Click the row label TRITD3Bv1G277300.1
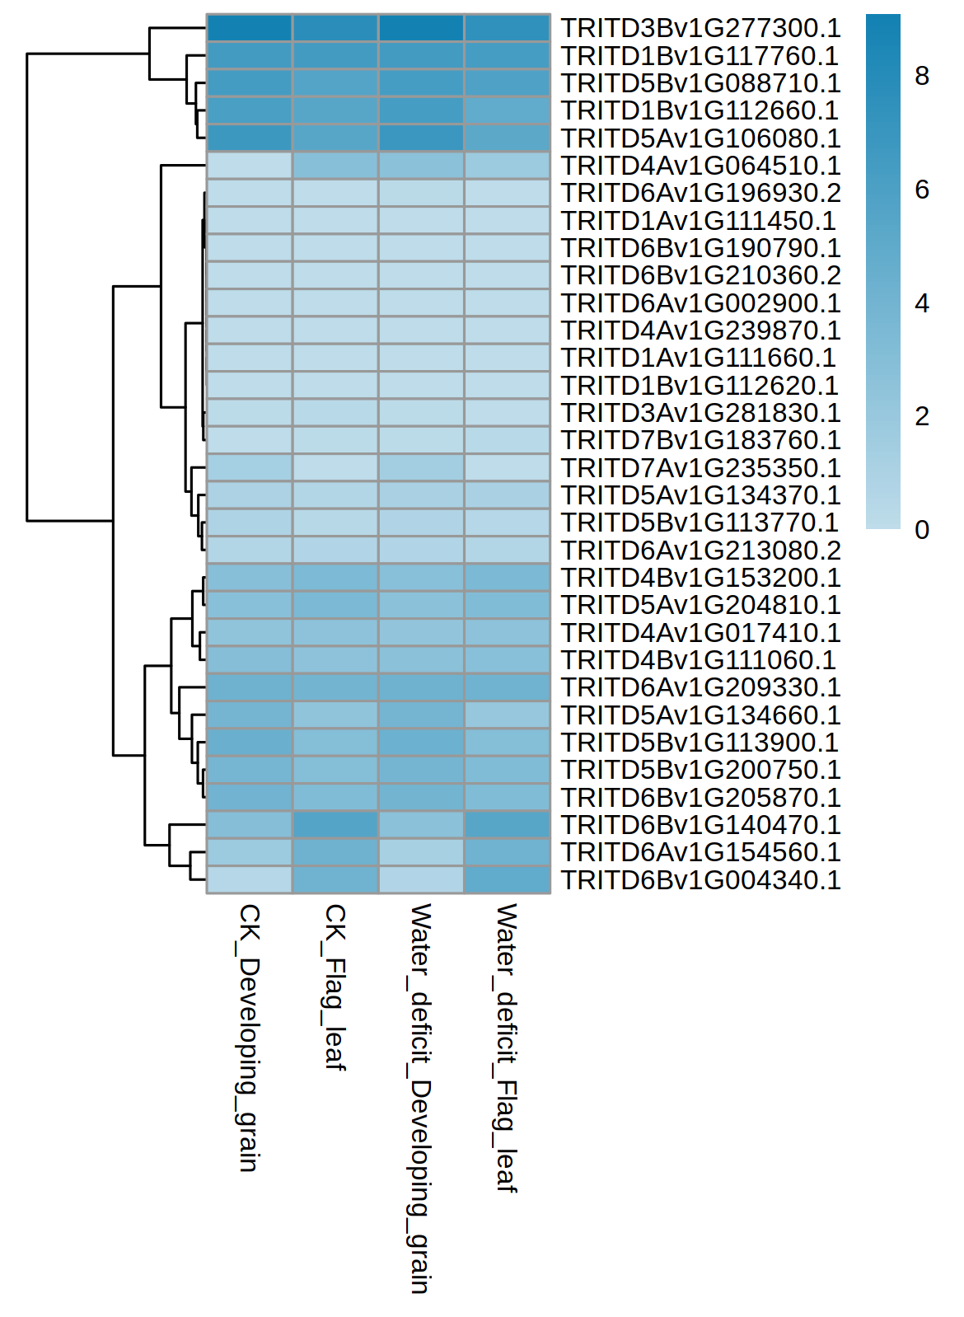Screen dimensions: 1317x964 [700, 28]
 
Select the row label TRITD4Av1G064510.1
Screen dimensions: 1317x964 [700, 166]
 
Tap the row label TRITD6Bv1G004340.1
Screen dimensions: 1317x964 [700, 880]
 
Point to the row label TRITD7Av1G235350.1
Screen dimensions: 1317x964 [700, 468]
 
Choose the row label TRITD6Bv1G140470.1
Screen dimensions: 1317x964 [700, 825]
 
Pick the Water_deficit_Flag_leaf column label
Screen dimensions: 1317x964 [506, 1048]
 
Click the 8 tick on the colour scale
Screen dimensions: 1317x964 [922, 77]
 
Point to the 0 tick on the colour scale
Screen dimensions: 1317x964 [922, 530]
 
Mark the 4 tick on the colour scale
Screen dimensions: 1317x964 [922, 303]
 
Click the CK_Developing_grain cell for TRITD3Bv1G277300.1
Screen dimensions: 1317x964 [249, 28]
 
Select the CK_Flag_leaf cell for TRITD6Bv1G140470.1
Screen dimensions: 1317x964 [335, 825]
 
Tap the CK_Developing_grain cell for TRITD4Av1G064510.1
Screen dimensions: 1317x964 [249, 166]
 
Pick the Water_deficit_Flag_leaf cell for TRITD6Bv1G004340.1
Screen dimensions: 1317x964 [507, 880]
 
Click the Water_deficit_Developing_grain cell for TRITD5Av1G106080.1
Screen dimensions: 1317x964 [421, 138]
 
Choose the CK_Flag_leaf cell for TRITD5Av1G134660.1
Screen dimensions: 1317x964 [335, 715]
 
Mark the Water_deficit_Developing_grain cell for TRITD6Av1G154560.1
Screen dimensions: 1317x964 [421, 852]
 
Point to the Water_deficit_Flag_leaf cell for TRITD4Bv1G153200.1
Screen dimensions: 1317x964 [507, 578]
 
